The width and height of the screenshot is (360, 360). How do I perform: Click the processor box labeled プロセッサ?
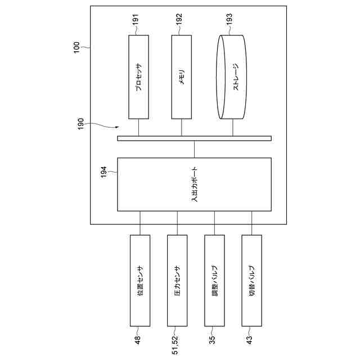(x=139, y=76)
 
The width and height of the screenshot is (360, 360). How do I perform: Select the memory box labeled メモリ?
(x=182, y=76)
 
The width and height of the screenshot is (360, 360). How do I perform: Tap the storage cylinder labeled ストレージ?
(x=232, y=76)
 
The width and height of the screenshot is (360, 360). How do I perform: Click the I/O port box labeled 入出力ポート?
(x=194, y=184)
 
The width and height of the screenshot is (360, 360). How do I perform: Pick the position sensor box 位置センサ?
(x=140, y=280)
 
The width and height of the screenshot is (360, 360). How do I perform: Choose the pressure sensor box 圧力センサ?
(x=177, y=280)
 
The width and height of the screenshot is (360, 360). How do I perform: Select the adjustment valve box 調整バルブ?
(x=214, y=280)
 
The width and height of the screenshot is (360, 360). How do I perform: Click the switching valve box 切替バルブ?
(x=251, y=280)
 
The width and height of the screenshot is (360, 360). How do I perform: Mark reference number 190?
(x=81, y=124)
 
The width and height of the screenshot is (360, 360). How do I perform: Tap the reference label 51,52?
(x=175, y=344)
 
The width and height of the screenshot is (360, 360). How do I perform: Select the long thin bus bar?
(x=194, y=138)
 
